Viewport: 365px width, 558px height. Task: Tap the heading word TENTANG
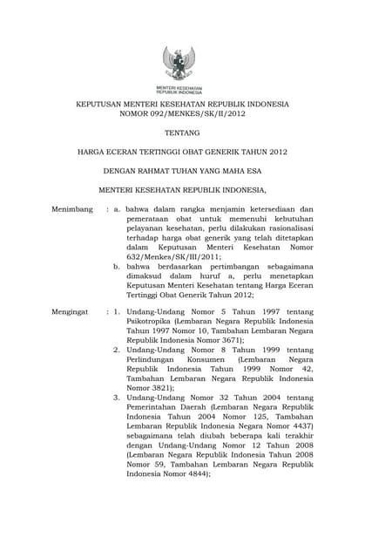(182, 133)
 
